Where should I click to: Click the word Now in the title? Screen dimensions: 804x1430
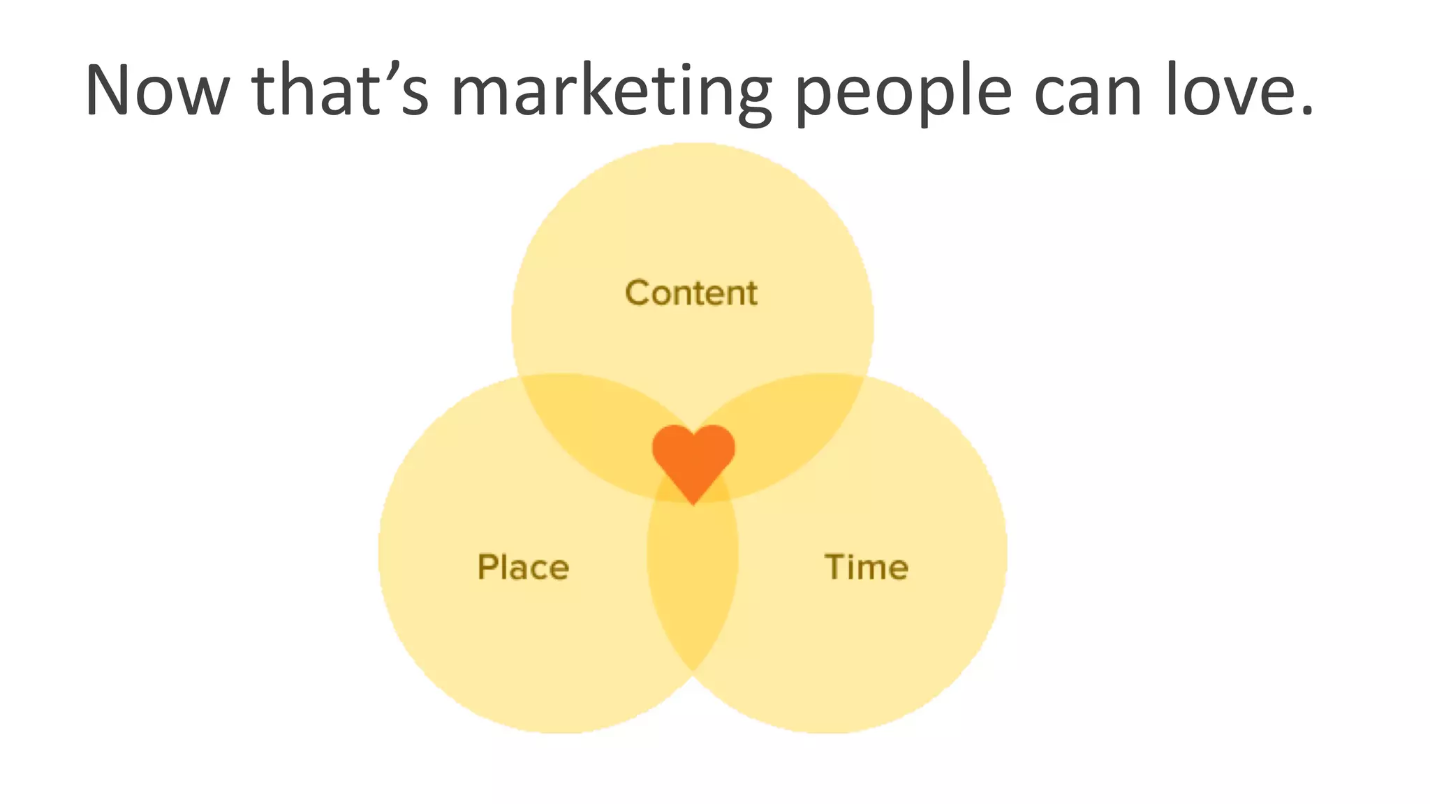point(156,91)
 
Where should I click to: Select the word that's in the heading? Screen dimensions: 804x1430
point(340,91)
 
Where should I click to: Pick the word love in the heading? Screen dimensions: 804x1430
point(1230,91)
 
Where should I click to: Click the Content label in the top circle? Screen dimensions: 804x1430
point(691,293)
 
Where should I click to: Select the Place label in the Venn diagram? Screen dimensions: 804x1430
point(523,567)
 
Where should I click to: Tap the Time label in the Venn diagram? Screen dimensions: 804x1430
point(867,567)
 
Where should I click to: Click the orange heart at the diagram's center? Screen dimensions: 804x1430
point(693,457)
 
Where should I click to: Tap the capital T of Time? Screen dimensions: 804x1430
point(835,567)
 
